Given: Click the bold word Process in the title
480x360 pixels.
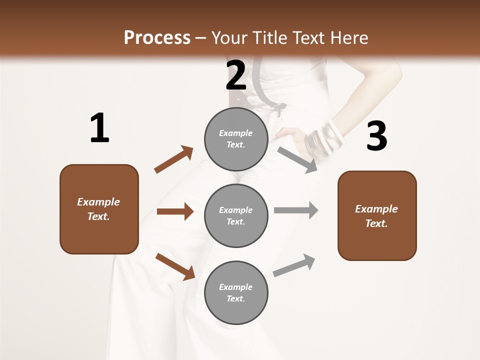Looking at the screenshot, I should click(x=157, y=38).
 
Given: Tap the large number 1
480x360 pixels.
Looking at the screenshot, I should click(x=99, y=128).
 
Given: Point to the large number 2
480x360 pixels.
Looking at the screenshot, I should click(x=236, y=75).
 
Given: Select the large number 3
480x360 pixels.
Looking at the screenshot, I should click(x=376, y=136).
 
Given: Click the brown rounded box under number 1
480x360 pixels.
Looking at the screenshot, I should click(x=99, y=209).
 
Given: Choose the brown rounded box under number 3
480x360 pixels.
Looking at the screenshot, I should click(x=377, y=216).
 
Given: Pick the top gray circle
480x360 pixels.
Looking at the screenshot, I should click(x=236, y=139).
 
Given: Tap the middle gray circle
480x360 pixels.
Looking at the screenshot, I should click(x=236, y=216).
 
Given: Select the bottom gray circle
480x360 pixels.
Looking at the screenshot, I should click(x=236, y=293).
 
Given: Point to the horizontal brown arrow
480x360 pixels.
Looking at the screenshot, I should click(x=175, y=211).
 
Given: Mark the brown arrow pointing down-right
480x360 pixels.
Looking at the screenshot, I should click(x=175, y=266).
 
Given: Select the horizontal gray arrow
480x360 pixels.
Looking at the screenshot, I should click(x=296, y=210).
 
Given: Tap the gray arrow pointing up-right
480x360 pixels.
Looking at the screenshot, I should click(x=294, y=265).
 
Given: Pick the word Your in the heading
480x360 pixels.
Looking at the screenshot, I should click(x=230, y=38).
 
